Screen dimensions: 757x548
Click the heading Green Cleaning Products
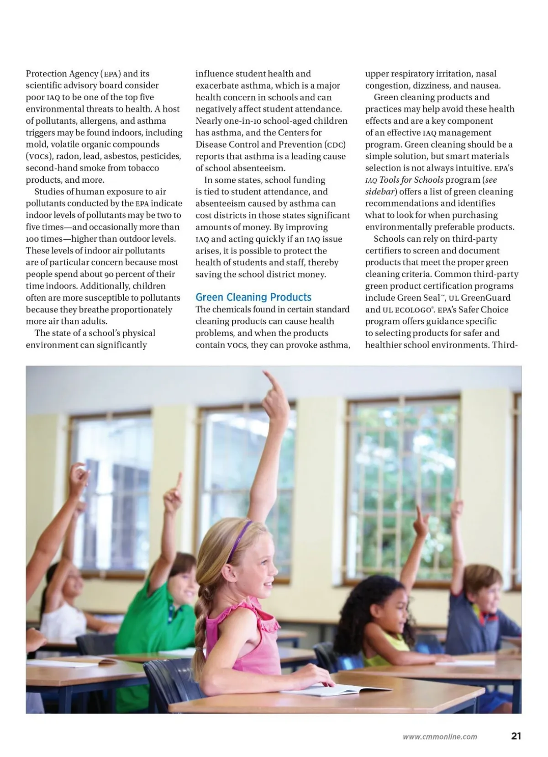click(253, 297)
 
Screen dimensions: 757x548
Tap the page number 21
click(516, 736)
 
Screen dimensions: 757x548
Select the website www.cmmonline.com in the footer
click(440, 736)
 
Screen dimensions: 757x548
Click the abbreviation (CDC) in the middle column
click(335, 144)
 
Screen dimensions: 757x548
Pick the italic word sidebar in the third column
click(379, 192)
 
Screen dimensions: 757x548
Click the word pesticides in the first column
click(160, 156)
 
